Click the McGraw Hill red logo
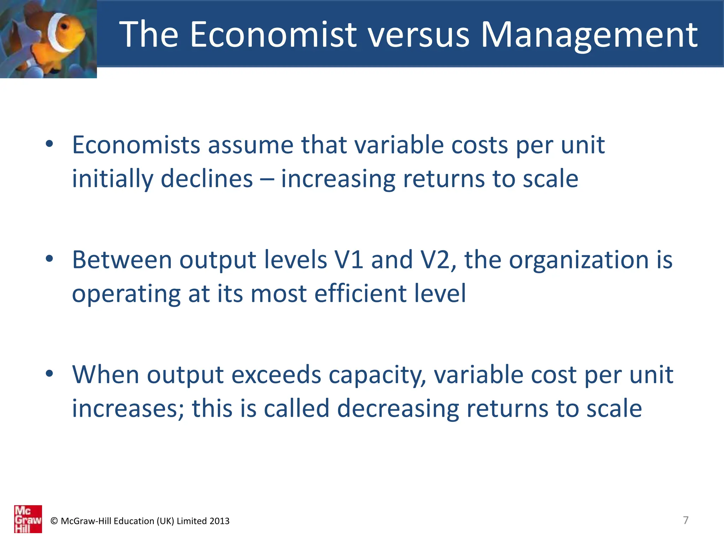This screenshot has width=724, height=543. (28, 519)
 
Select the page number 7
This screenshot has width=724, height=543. (685, 520)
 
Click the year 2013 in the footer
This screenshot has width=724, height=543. (219, 521)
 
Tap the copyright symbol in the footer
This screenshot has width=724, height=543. (54, 521)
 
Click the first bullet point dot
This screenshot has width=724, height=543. (49, 144)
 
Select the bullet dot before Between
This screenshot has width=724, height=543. (49, 259)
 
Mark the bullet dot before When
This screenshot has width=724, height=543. (49, 373)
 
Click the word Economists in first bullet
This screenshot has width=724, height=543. (136, 145)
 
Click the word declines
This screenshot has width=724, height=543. (207, 179)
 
